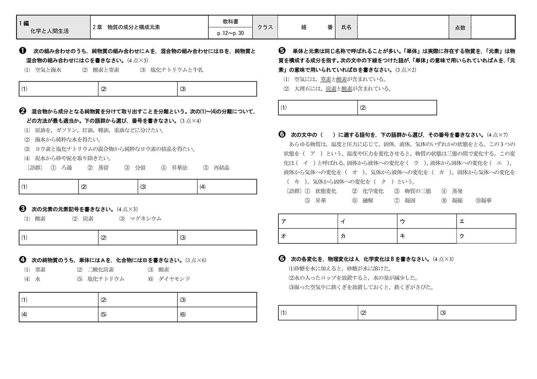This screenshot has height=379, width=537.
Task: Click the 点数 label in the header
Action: click(460, 28)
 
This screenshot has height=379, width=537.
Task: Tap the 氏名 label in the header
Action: click(346, 27)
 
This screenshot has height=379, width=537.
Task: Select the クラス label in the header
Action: click(265, 27)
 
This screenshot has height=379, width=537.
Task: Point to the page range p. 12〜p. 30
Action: click(230, 33)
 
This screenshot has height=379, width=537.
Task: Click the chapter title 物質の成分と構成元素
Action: click(134, 27)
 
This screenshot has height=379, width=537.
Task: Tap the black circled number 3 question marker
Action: click(23, 209)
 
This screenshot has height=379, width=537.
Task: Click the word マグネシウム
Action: click(145, 219)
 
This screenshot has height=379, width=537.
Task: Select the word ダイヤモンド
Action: click(174, 279)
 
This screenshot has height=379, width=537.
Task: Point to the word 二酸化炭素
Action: click(101, 270)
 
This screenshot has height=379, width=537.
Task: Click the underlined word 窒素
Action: click(326, 79)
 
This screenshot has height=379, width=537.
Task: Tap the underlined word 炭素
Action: click(331, 89)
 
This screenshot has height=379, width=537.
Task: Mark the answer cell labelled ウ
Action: click(427, 221)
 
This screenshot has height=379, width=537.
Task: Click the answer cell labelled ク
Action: click(486, 236)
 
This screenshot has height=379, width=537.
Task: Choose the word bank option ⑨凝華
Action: click(484, 201)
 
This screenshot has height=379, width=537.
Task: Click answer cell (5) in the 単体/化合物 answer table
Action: click(138, 314)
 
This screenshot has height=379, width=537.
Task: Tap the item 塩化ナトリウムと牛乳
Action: click(177, 70)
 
